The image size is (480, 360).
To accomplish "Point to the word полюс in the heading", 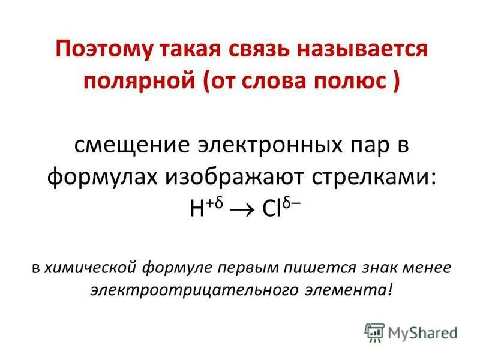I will point(349,80).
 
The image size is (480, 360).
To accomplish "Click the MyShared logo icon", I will point(374,331).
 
